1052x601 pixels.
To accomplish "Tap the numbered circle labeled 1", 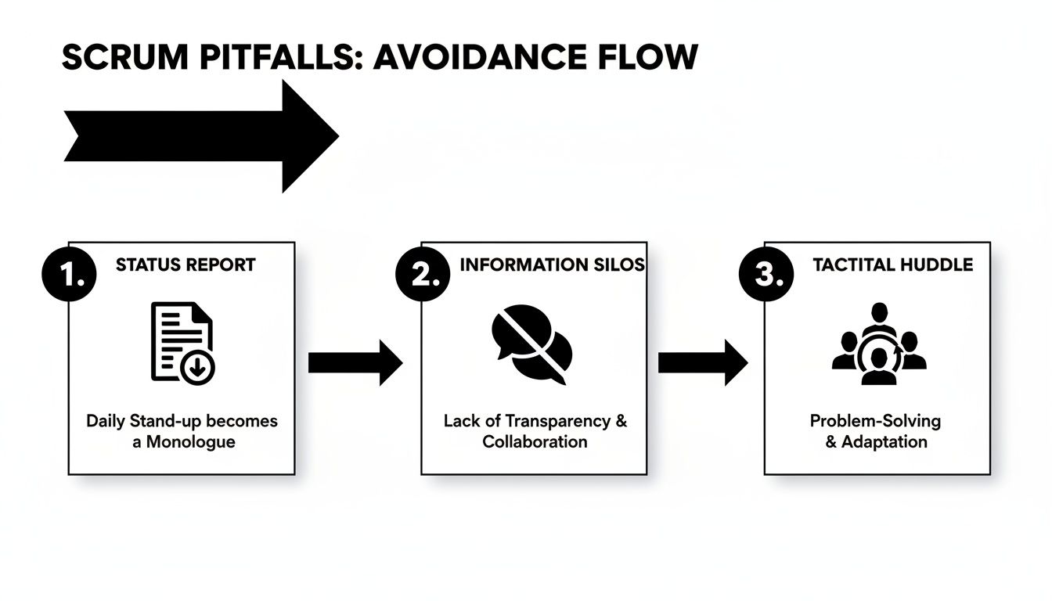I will [x=69, y=276].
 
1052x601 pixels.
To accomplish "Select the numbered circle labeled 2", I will [x=423, y=276].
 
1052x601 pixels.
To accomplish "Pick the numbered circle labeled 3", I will [x=766, y=276].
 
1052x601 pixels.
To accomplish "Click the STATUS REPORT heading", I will [x=186, y=265].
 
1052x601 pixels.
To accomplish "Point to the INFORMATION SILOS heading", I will [x=552, y=265].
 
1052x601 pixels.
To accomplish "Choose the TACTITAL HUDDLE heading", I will [x=892, y=265].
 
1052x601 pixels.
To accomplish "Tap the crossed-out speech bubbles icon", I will [x=531, y=344].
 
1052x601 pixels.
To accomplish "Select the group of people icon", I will [x=878, y=344].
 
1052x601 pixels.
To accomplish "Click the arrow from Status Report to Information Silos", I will [x=355, y=362].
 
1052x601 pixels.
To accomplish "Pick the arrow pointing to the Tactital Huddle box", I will [x=702, y=362].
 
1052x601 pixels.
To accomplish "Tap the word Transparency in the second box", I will [x=557, y=421].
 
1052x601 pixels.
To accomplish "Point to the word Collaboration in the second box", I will [x=535, y=441].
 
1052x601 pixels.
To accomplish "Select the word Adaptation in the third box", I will [x=884, y=441].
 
